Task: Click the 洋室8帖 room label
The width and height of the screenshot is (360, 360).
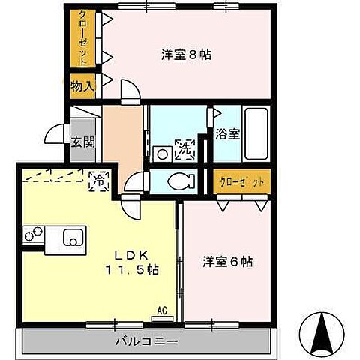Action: click(186, 55)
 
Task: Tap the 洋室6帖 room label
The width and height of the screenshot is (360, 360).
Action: click(227, 262)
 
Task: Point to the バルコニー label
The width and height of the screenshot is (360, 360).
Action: click(146, 341)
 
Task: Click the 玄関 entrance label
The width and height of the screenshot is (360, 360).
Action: click(82, 141)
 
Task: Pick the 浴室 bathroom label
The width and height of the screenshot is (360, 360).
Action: click(229, 135)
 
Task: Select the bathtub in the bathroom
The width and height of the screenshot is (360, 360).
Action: click(256, 134)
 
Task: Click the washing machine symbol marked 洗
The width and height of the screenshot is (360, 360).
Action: click(184, 149)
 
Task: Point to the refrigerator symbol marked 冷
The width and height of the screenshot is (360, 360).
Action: click(97, 179)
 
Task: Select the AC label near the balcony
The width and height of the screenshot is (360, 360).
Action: click(161, 309)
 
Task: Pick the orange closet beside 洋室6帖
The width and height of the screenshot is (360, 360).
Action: click(241, 181)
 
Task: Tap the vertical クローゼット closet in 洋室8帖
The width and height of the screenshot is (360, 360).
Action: click(81, 37)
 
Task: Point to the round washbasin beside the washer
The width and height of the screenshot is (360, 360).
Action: click(160, 152)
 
